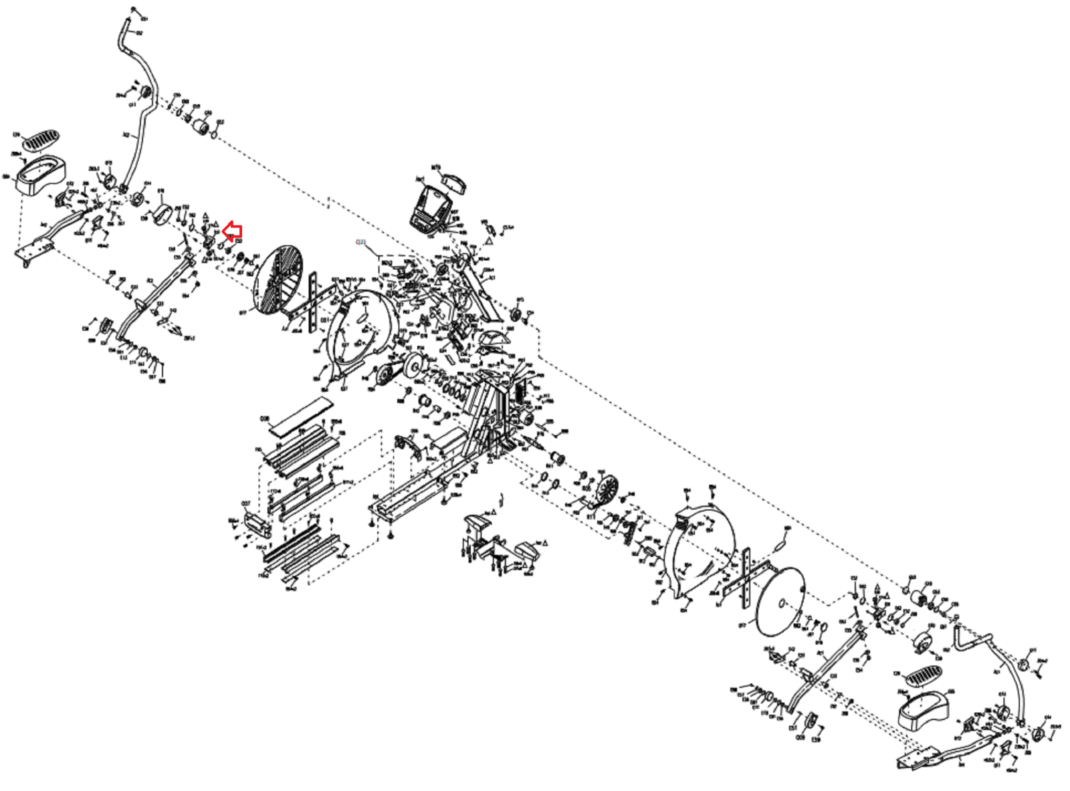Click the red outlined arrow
pyautogui.click(x=231, y=232)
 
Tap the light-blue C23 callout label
pyautogui.click(x=361, y=241)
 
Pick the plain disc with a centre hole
pyautogui.click(x=780, y=602)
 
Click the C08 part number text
pyautogui.click(x=264, y=419)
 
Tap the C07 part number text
pyautogui.click(x=245, y=503)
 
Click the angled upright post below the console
pyautogui.click(x=480, y=288)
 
